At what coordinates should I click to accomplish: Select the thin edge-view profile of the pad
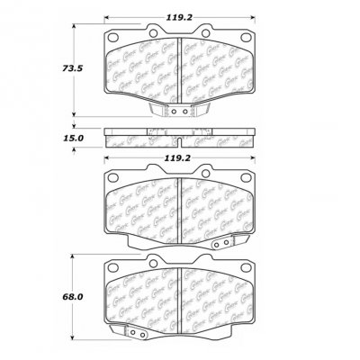[180, 139]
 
